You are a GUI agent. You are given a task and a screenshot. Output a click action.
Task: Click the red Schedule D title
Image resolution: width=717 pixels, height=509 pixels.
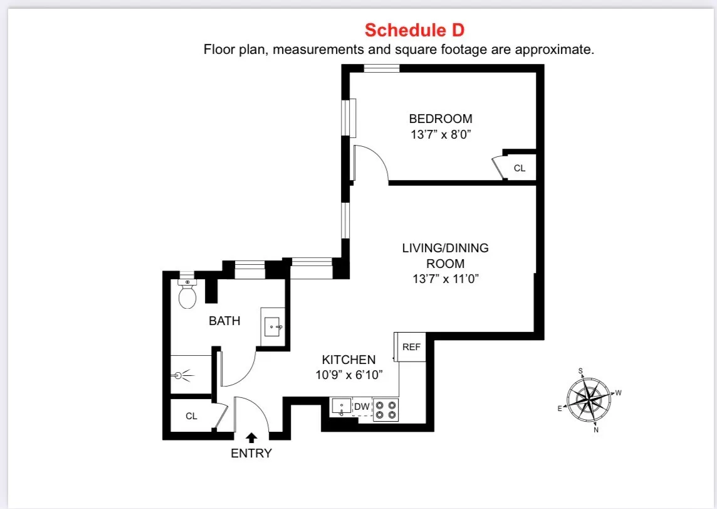[414, 30]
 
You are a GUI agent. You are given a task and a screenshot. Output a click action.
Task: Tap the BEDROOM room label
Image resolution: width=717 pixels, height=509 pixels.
[441, 119]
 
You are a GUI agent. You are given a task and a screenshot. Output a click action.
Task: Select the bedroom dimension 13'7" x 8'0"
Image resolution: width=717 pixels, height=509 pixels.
[441, 134]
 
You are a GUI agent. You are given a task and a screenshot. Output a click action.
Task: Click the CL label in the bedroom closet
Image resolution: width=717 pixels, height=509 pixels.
[519, 168]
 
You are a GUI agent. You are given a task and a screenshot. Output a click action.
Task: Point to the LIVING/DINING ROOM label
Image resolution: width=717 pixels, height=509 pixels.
[445, 255]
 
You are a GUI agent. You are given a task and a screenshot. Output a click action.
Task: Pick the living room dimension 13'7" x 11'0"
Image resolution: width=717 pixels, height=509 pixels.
[445, 280]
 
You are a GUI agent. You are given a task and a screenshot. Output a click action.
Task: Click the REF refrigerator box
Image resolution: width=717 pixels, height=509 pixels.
[411, 347]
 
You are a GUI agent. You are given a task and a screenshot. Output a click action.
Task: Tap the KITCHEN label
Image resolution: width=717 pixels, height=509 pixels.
[348, 360]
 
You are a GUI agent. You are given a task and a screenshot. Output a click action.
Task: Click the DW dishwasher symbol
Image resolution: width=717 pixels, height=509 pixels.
[362, 407]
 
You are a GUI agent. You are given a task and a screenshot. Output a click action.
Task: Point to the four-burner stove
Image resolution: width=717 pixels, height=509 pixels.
[386, 409]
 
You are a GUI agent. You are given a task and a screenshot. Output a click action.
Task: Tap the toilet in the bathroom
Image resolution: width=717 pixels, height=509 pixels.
[187, 295]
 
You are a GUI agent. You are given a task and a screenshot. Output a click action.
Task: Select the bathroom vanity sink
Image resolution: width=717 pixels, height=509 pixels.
[273, 326]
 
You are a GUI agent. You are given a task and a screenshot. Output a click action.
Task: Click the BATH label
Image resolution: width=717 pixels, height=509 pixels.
[224, 321]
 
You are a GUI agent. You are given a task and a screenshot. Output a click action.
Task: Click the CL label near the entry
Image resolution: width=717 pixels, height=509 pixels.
[191, 416]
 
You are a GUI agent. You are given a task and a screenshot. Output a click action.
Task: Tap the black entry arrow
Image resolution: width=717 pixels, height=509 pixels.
[251, 437]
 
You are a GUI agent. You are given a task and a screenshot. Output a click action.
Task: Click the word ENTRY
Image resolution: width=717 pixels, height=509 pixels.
[251, 453]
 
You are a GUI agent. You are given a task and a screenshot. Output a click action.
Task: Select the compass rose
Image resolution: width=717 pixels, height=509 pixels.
[589, 399]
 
